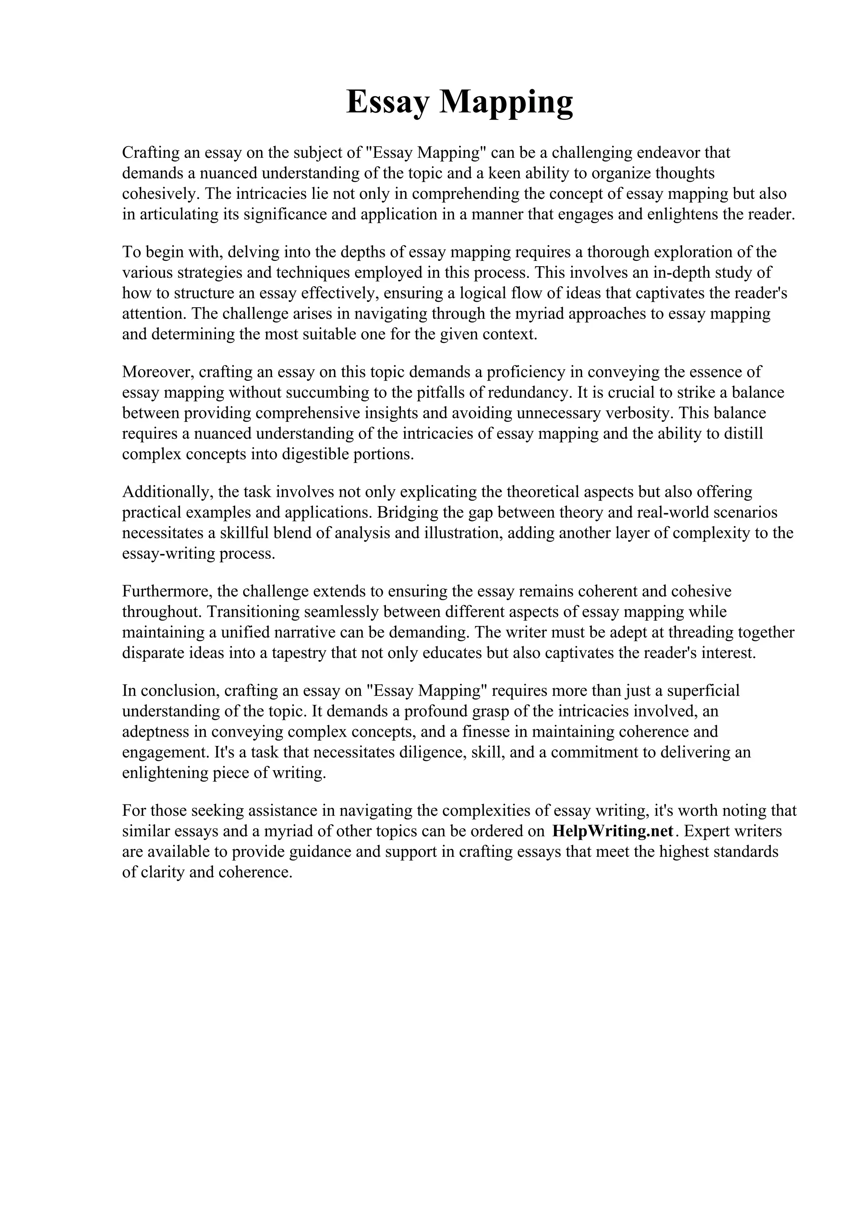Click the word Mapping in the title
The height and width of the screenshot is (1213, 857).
point(506,102)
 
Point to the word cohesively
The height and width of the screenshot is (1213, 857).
point(161,194)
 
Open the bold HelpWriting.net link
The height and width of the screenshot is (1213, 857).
point(613,831)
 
